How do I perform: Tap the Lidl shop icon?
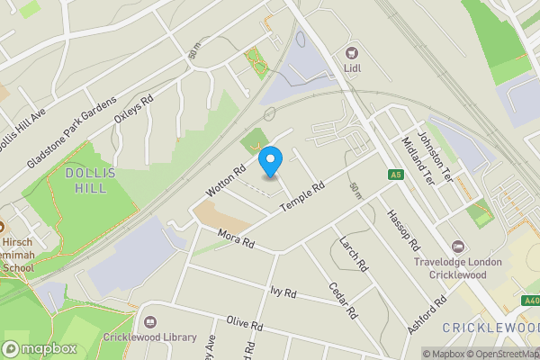coord(351,52)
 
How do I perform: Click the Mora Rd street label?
coord(236,239)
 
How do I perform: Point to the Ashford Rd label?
coord(426,315)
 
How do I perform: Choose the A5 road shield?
coord(394,175)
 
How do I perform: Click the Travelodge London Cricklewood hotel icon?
coord(458,246)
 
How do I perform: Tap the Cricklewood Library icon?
coord(149,321)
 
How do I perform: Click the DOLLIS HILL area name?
coord(86,180)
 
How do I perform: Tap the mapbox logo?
coord(39,348)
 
